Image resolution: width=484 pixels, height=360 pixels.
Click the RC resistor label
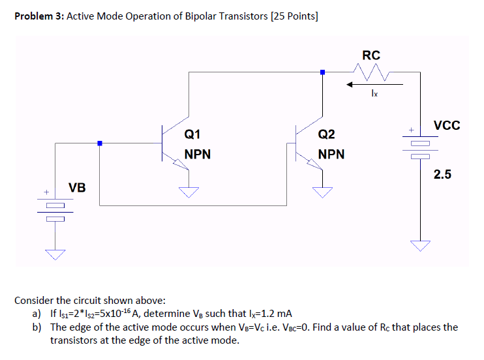click(x=371, y=55)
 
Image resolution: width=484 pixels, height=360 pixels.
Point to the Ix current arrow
click(x=374, y=84)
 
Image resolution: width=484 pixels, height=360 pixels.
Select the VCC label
click(x=446, y=126)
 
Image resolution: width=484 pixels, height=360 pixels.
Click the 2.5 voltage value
click(x=443, y=174)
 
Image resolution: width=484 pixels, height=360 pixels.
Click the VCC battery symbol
click(x=420, y=149)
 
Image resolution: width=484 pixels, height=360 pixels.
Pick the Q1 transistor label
click(x=192, y=135)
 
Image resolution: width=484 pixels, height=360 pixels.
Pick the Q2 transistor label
click(x=326, y=135)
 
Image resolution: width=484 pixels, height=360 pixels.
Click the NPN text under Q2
click(x=331, y=155)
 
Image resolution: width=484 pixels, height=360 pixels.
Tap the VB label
click(x=77, y=188)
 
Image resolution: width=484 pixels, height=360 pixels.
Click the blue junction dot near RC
click(x=322, y=72)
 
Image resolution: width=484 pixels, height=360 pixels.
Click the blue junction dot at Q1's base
click(x=99, y=143)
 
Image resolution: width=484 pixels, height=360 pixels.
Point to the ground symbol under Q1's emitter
click(x=189, y=192)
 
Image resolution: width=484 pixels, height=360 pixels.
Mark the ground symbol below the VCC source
click(x=420, y=246)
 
